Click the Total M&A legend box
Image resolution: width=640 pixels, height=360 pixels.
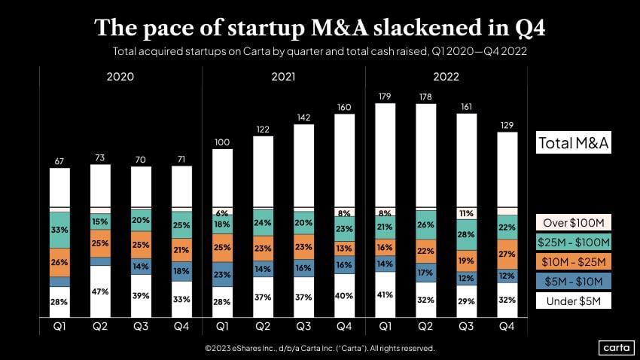573,142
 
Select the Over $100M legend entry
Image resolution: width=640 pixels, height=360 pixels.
574,223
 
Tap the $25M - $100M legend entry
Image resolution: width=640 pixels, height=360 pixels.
574,243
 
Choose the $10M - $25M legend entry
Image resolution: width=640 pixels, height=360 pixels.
574,262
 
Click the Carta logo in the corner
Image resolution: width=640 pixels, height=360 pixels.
615,347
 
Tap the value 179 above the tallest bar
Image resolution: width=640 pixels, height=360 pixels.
386,96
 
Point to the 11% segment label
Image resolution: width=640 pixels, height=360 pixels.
468,213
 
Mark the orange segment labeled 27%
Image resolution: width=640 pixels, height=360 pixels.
508,254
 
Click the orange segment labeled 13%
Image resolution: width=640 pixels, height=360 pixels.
345,247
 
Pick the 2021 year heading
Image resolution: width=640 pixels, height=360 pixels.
283,77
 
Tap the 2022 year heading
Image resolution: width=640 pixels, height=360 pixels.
446,77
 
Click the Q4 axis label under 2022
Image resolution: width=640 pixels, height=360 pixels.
508,328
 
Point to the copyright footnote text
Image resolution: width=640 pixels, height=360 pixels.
319,349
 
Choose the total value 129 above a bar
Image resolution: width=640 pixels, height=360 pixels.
508,124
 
